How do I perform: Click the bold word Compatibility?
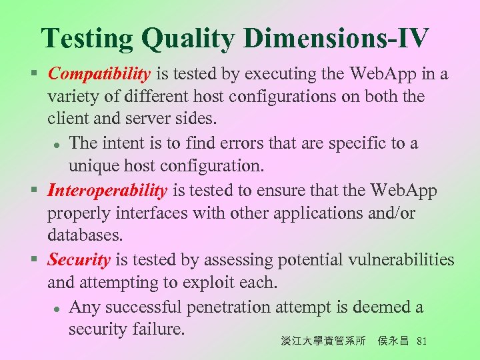(100, 74)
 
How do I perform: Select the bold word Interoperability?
(107, 191)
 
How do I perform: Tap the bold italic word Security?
(79, 260)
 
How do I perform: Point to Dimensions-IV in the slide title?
(335, 38)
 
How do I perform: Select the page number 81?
(421, 342)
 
